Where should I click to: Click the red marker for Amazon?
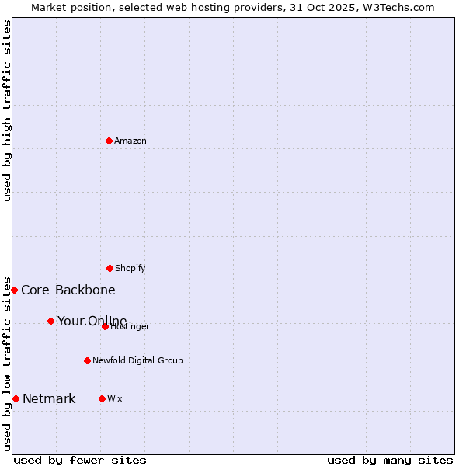point(109,141)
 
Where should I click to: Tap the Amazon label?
point(130,141)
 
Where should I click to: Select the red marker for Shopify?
point(110,268)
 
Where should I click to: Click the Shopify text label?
point(130,269)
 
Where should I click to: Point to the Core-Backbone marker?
point(14,290)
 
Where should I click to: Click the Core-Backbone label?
point(68,290)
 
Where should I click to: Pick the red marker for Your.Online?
point(50,321)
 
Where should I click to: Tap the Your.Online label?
point(92,321)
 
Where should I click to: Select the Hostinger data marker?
point(105,326)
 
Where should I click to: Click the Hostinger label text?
point(130,327)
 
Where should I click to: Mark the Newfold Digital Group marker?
point(87,360)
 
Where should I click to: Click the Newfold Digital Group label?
point(138,361)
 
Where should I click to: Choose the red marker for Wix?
point(102,398)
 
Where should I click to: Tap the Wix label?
point(115,399)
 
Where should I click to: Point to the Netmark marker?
point(16,398)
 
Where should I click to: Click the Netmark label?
point(49,399)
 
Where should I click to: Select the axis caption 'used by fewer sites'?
point(80,460)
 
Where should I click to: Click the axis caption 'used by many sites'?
point(390,460)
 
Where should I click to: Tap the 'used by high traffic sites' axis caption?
point(7,110)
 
